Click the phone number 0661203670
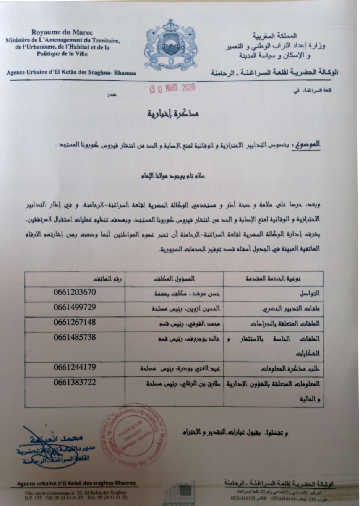click(75, 292)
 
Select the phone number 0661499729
click(75, 307)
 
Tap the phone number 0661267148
click(75, 322)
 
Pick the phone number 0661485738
click(75, 337)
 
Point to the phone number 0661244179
click(75, 367)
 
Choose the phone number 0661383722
click(75, 382)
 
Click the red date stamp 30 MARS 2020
click(172, 89)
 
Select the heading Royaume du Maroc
click(62, 32)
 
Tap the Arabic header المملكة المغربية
click(275, 36)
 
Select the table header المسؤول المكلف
click(174, 279)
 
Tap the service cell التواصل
click(310, 294)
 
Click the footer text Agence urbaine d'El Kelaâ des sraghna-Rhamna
click(76, 483)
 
